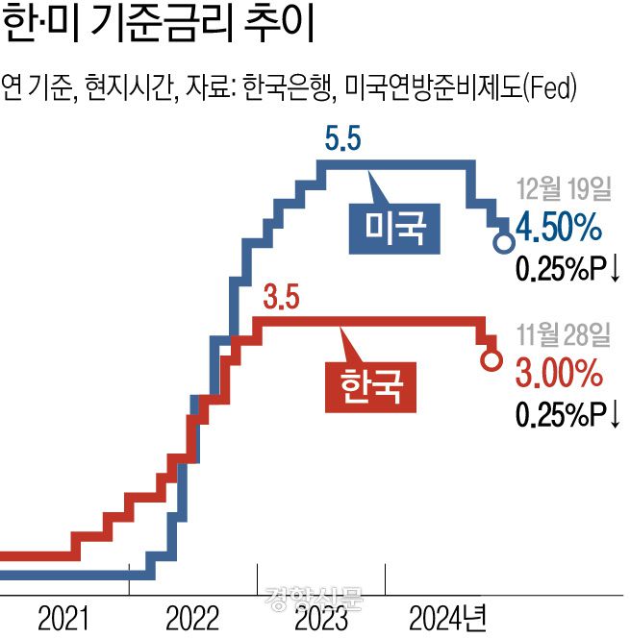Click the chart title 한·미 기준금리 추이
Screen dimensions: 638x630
click(160, 26)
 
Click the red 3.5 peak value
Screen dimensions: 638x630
click(281, 300)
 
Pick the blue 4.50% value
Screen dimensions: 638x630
click(559, 229)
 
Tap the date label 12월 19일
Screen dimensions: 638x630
click(564, 188)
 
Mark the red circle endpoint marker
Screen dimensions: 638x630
click(491, 362)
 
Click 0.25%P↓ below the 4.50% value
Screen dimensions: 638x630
click(567, 269)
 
